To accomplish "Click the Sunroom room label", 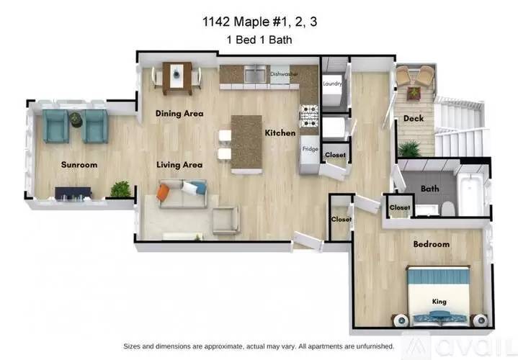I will (x=79, y=165).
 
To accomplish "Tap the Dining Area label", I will (x=179, y=113).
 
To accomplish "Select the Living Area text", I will (x=179, y=165).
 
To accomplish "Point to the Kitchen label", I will (x=280, y=133).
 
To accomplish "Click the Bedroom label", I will (x=431, y=244).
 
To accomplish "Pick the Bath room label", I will (x=430, y=189).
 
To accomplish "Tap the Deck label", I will (x=413, y=119).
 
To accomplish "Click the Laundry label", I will (x=332, y=84).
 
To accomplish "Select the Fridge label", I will (x=310, y=149).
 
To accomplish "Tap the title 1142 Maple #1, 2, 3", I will (x=259, y=22).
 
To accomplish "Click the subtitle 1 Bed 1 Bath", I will (x=259, y=40).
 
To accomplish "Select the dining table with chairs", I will (x=177, y=77).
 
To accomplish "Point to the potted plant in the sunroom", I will (x=121, y=189).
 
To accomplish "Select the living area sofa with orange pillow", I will (x=182, y=193).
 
